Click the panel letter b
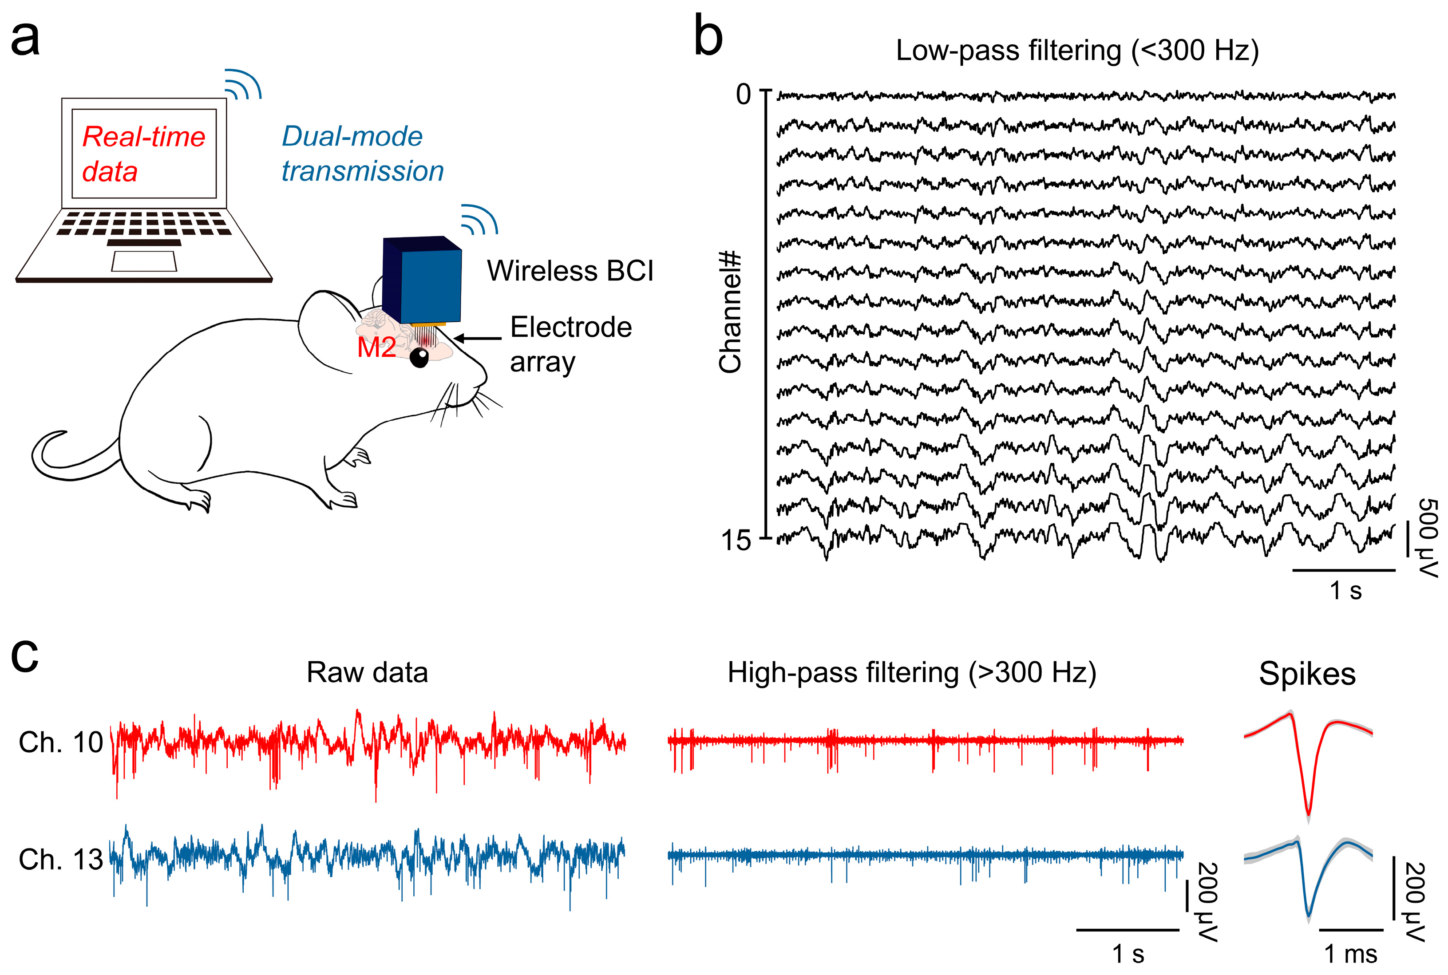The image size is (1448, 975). click(708, 37)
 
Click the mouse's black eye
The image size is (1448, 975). click(419, 357)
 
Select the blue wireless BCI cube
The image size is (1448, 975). click(423, 280)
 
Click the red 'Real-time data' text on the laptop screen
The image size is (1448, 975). click(143, 154)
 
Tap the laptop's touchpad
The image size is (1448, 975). click(144, 261)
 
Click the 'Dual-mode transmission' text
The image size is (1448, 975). click(362, 154)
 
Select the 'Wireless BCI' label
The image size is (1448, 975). click(570, 271)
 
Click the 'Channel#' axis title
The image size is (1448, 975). click(730, 311)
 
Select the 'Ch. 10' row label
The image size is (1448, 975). click(60, 742)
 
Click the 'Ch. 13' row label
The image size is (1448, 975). click(60, 859)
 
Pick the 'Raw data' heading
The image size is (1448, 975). click(367, 673)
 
